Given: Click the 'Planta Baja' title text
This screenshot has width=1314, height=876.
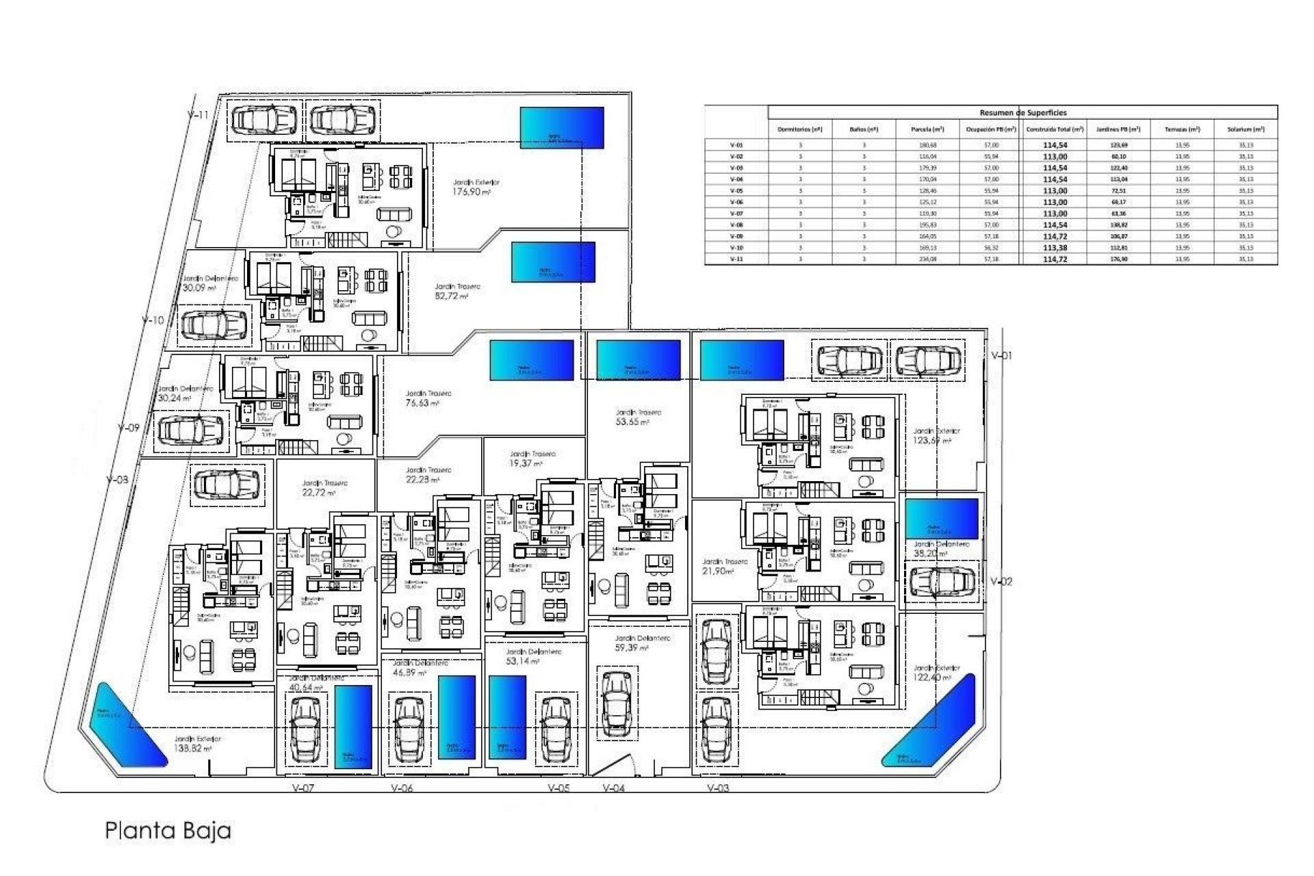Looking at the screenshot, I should point(168,831).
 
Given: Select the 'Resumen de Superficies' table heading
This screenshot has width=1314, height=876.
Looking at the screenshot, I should point(1022,112).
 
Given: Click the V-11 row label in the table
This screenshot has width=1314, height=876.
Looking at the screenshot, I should point(736,259).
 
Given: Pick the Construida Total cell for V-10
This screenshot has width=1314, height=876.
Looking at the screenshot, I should point(1055,248).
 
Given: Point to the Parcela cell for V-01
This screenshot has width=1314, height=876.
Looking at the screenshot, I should point(928,145).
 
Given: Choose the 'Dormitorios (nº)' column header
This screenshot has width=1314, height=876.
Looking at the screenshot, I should point(799,129).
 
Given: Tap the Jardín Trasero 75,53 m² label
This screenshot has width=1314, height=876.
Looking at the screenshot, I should point(428,399).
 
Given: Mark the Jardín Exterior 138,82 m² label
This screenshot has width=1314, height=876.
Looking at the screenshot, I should point(197,744).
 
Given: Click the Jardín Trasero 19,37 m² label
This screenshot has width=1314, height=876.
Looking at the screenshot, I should point(532,459).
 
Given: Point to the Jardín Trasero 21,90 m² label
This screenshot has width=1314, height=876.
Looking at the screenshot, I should point(725,566).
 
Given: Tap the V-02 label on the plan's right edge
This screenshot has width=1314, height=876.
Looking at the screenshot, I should point(1001,582).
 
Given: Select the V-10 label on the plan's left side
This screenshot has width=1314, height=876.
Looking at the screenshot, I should point(153,320).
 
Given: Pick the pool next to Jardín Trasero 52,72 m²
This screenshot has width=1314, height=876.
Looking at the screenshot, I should point(553,262).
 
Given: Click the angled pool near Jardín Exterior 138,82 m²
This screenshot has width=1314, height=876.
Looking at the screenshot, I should point(128,723).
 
